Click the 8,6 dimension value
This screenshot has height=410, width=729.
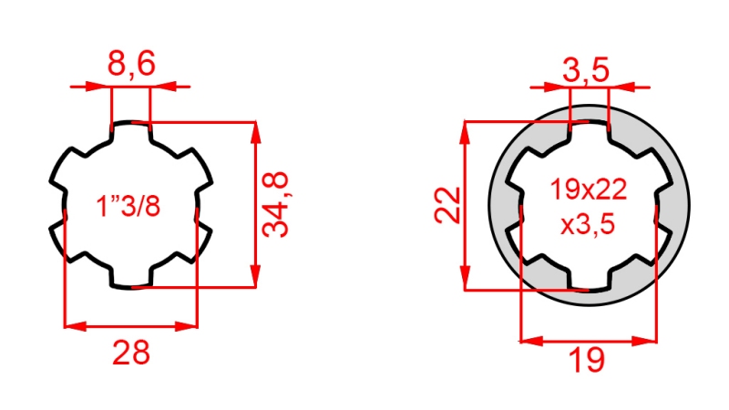pyautogui.click(x=131, y=65)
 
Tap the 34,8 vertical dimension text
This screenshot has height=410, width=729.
pyautogui.click(x=278, y=204)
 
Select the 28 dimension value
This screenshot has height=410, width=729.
pyautogui.click(x=130, y=351)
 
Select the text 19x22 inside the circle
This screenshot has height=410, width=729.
pyautogui.click(x=588, y=190)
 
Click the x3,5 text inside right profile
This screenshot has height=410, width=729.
pyautogui.click(x=589, y=224)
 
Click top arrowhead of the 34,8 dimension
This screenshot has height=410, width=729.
pyautogui.click(x=256, y=128)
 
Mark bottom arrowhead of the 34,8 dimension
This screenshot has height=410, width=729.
pyautogui.click(x=256, y=281)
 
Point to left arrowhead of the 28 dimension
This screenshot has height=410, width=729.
pyautogui.click(x=71, y=324)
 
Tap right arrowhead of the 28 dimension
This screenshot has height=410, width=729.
pyautogui.click(x=190, y=324)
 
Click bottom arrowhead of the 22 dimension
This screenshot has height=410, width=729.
pyautogui.click(x=466, y=282)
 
